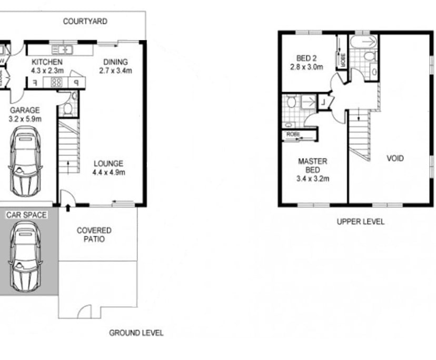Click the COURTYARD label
tap(85, 22)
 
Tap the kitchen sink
tap(64, 50)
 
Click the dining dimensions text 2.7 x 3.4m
tap(117, 71)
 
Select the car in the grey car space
tap(24, 256)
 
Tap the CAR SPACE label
tap(26, 215)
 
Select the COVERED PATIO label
tap(94, 235)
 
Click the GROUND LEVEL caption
tap(136, 333)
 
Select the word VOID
tap(395, 158)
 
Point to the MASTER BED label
tap(313, 165)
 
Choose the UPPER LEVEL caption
tap(360, 222)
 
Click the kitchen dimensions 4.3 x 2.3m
tap(47, 70)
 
